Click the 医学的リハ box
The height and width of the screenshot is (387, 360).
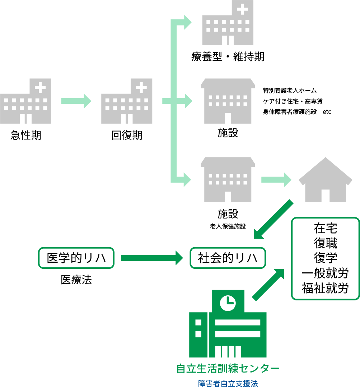pos(76,258)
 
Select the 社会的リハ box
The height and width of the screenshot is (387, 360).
pos(228,258)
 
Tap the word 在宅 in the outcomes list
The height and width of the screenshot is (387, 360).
pos(325,229)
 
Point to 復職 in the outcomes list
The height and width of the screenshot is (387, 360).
pos(325,243)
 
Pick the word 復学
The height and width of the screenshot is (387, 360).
pos(325,258)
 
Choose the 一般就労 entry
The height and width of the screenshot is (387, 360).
pos(325,273)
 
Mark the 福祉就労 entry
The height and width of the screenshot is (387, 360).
pos(325,288)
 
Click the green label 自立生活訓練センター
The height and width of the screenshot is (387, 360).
pos(228,368)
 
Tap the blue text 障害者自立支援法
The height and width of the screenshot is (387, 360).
pos(228,383)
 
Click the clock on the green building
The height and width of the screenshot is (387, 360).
pos(228,303)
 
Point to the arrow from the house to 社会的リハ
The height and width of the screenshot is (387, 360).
pos(273,219)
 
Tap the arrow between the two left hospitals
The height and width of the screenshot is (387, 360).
pos(76,101)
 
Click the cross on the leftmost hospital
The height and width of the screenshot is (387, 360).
pos(40,87)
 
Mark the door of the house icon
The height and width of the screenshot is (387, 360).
pos(325,196)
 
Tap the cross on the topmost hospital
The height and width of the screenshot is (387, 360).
pos(242,9)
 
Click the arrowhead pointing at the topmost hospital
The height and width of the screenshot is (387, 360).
pos(187,22)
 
